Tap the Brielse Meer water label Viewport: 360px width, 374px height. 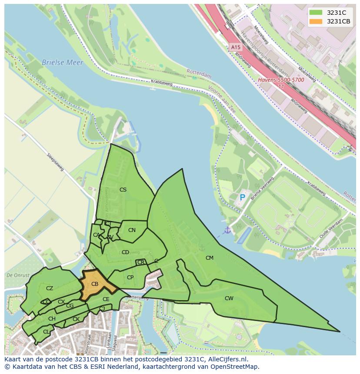point(62,63)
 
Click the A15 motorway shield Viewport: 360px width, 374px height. point(235,47)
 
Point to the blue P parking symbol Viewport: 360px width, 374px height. point(243,198)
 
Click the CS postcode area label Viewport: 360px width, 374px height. point(123,190)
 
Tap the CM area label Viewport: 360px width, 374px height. point(210,258)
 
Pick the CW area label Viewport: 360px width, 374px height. point(229,298)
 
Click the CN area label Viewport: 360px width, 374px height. point(132,230)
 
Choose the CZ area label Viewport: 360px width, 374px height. point(50,288)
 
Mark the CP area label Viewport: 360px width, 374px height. point(130,278)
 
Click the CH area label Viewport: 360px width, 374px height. point(52,319)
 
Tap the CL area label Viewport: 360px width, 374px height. point(46,332)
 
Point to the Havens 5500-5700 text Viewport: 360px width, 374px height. point(281,80)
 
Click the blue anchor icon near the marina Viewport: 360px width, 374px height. point(227,230)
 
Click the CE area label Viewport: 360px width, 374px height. point(106,299)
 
